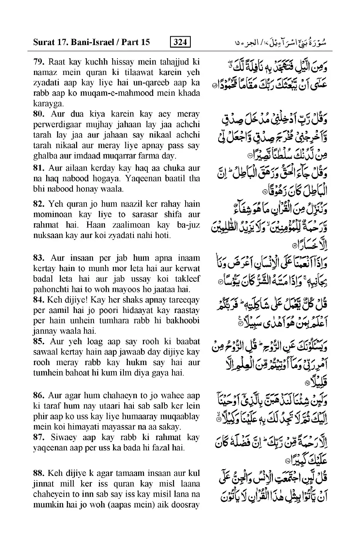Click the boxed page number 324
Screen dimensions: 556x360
[x=180, y=42]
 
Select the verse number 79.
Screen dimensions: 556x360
[x=39, y=62]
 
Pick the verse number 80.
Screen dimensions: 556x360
[x=39, y=114]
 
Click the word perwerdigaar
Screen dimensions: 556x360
[x=55, y=124]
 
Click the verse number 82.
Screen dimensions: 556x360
[x=39, y=204]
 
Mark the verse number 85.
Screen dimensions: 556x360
[x=39, y=342]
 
